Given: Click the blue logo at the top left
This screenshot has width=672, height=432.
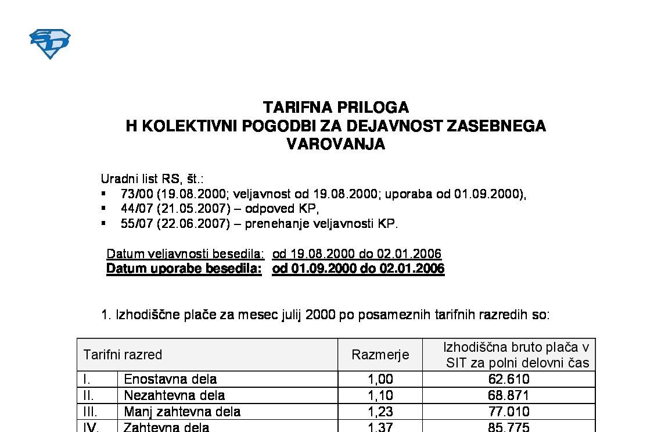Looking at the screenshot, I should point(49,44).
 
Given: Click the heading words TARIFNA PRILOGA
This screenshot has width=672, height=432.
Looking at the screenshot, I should point(336,108).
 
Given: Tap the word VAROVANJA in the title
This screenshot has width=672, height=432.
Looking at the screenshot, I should point(336,145).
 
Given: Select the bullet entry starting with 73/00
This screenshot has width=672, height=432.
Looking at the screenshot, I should point(323,194).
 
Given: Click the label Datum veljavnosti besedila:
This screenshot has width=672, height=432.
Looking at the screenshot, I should point(185,254).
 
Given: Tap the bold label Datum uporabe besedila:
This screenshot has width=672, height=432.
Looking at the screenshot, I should point(184,269).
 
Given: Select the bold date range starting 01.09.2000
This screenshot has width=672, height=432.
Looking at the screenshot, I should point(358,269).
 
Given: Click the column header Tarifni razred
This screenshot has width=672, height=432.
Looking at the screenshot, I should point(123,355).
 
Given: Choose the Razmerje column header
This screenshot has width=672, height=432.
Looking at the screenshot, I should point(380,355).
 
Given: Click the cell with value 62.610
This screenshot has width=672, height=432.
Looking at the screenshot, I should point(509,380).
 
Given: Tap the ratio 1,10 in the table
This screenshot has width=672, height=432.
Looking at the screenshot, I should point(380,396).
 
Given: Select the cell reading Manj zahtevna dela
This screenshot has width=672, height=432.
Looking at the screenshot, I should point(182,412).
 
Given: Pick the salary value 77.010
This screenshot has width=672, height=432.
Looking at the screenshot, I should point(509,412).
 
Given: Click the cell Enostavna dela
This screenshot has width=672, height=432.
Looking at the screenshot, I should point(170,380).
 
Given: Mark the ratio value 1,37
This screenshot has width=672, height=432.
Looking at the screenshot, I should point(380,427).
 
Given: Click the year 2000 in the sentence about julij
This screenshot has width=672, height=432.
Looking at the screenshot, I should point(320,315).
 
